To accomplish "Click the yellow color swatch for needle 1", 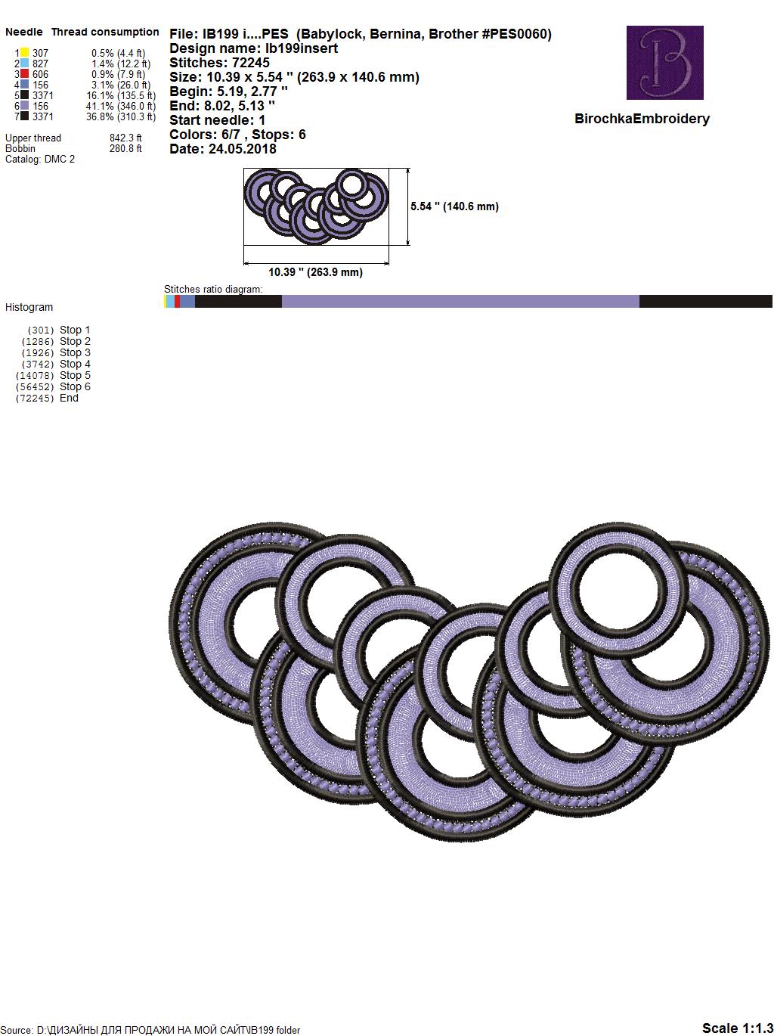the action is [x=24, y=52].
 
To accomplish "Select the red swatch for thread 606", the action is [x=24, y=73].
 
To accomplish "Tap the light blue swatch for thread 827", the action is [x=24, y=63].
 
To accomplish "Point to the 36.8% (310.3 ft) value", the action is [x=121, y=116].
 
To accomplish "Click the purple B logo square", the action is [x=664, y=62].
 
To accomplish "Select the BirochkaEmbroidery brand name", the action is [x=642, y=119].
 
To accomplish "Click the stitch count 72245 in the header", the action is [x=250, y=63].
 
